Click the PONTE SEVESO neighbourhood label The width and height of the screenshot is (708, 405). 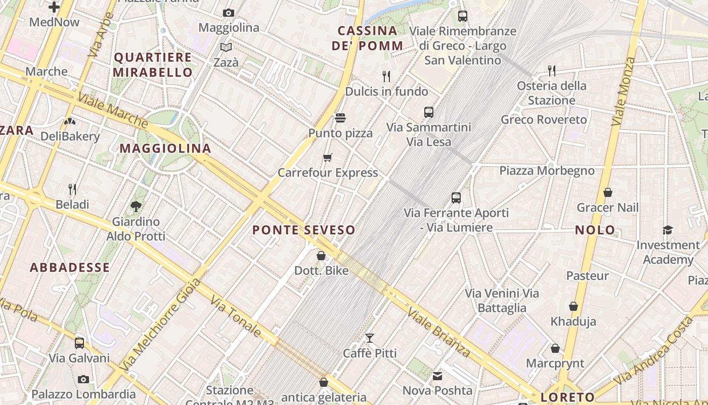coord(303,230)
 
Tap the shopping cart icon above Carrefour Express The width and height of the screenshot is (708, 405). coord(328,157)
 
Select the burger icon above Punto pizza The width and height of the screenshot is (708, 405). coord(340,118)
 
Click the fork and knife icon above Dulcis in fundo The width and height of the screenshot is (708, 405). coord(386,76)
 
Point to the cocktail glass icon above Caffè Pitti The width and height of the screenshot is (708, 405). coord(370,338)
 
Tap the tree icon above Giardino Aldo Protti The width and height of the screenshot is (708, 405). coord(136,206)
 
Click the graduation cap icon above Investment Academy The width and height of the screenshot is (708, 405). coord(668,230)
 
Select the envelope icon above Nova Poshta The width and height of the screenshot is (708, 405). coord(437,376)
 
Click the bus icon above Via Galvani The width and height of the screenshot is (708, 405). coord(79,343)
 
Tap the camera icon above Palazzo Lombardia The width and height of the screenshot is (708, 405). coord(83,379)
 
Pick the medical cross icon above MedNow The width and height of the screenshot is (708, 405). coord(54,7)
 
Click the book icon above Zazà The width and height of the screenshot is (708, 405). coord(226,47)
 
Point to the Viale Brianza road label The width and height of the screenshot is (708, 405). coord(439,333)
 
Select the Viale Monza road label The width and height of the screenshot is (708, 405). coord(623,91)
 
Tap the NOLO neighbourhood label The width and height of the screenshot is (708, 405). coord(595,230)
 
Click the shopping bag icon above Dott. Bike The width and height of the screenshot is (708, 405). coord(321,256)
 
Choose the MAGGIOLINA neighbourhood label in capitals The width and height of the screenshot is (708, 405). coord(165,148)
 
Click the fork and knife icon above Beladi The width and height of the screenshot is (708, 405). coord(72,189)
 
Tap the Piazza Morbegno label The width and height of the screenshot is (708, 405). coord(547,171)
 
